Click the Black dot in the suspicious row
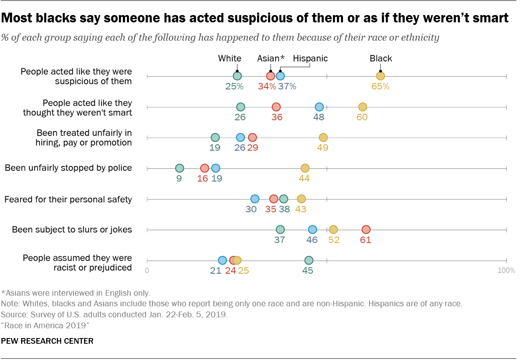(x=380, y=76)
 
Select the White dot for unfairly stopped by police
(x=179, y=168)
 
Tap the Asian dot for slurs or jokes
(x=366, y=230)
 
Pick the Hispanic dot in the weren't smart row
(x=319, y=107)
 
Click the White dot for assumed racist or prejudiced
(x=309, y=260)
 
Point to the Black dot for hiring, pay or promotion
(x=323, y=137)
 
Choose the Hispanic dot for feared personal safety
(x=255, y=199)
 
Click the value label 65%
(x=380, y=86)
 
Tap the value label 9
(x=179, y=178)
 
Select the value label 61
(x=365, y=240)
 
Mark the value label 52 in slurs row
(x=334, y=240)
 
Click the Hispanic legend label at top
(x=310, y=59)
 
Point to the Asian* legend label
(x=271, y=59)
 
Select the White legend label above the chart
(x=229, y=59)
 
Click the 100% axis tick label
(x=507, y=271)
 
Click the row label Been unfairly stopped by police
(x=68, y=168)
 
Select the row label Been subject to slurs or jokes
(x=72, y=230)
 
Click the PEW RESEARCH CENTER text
(x=47, y=341)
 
